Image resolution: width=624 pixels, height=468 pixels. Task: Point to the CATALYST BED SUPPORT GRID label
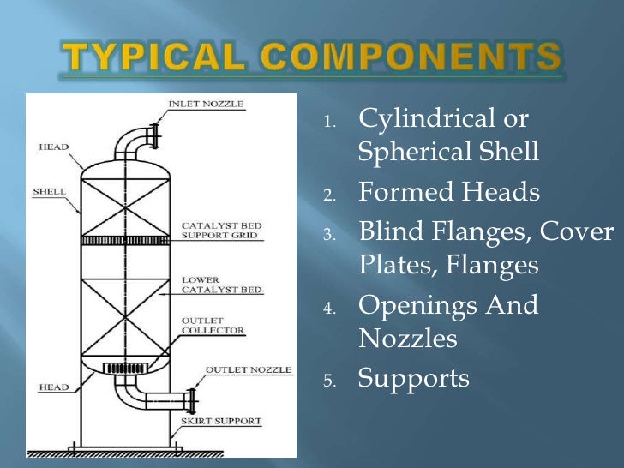(x=221, y=231)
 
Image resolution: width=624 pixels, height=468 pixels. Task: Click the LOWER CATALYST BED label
(x=221, y=285)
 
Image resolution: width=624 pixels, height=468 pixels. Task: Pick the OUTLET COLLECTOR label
(x=213, y=325)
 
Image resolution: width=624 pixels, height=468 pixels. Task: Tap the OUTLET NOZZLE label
(x=249, y=370)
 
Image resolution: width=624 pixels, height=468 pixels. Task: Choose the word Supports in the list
(x=413, y=378)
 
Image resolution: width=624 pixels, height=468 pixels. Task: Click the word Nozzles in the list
(x=407, y=339)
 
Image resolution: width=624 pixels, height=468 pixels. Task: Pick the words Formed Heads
(x=449, y=193)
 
